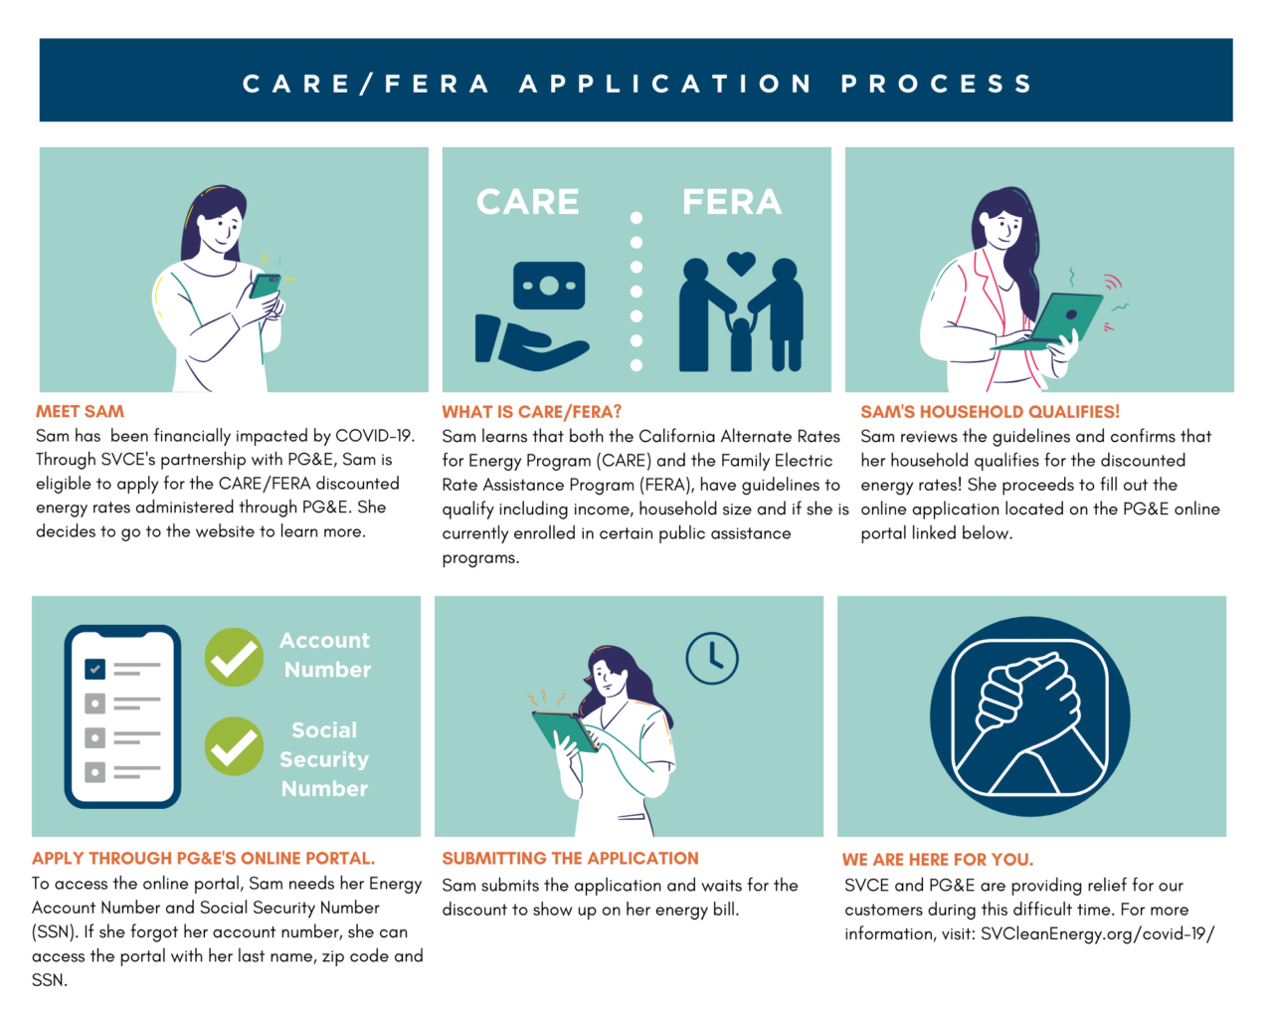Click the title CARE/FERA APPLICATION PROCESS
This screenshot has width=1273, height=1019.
click(x=636, y=84)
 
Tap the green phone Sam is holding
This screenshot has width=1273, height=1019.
click(x=265, y=286)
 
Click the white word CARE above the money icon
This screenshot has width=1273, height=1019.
click(x=528, y=202)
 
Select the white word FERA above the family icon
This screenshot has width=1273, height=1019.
click(x=732, y=202)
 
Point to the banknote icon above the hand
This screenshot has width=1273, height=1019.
click(x=549, y=286)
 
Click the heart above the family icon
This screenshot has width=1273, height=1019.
click(x=741, y=264)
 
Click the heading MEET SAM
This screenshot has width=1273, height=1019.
click(x=80, y=412)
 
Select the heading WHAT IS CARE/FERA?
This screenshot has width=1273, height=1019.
click(x=531, y=412)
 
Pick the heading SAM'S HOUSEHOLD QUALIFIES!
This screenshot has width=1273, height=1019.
click(x=990, y=412)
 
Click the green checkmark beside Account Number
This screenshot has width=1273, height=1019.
click(x=235, y=657)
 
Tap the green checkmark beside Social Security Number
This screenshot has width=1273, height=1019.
click(x=235, y=746)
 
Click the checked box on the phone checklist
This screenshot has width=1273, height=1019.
click(x=94, y=669)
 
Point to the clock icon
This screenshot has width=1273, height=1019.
click(x=712, y=659)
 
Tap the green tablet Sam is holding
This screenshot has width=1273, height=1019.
click(x=565, y=731)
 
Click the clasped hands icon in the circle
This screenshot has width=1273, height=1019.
click(x=1030, y=716)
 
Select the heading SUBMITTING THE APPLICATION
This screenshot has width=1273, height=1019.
click(x=570, y=859)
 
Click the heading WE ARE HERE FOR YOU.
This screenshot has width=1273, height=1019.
click(x=938, y=860)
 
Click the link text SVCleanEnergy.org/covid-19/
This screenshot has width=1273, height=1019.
click(x=1098, y=934)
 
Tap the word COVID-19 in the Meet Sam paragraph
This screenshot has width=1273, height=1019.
click(x=375, y=437)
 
